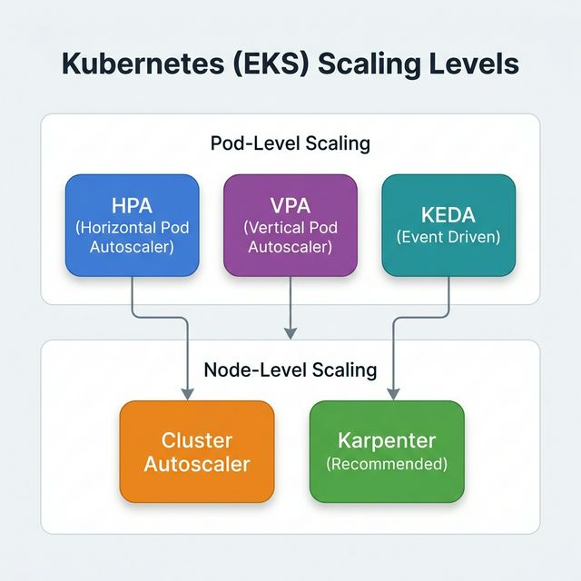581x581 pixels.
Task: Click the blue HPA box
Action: [x=133, y=225]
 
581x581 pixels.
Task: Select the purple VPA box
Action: [x=290, y=225]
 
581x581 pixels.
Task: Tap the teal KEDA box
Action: [x=448, y=225]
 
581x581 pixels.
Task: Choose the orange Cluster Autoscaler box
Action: [x=197, y=451]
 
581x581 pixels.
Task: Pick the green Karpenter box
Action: [x=387, y=451]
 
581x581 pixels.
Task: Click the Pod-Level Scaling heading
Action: [x=290, y=143]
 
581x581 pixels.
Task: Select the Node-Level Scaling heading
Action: [x=290, y=369]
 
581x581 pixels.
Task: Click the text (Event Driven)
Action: [x=448, y=237]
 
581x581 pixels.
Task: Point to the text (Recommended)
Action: [x=387, y=464]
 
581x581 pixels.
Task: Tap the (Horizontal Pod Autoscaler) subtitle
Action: [x=133, y=238]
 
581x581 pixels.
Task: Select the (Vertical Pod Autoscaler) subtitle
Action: [x=290, y=238]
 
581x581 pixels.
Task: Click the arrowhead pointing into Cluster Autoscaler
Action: [x=187, y=393]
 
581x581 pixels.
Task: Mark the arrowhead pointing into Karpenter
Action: [x=393, y=393]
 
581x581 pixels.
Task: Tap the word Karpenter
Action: [x=387, y=441]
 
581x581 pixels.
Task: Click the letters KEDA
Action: [x=448, y=215]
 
